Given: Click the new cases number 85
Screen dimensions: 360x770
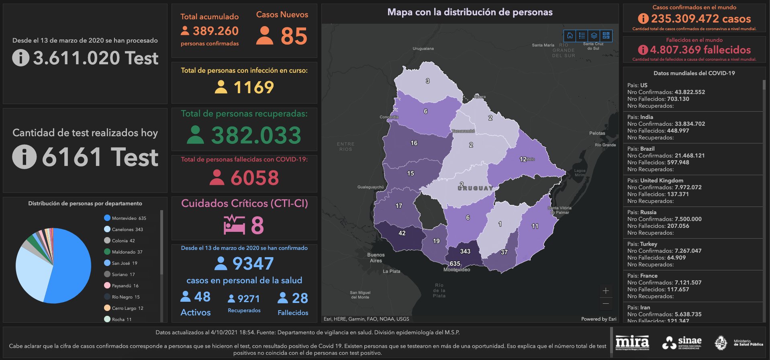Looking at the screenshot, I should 294,36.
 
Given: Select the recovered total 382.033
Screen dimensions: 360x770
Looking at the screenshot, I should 256,135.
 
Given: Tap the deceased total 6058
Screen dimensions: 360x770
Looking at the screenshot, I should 254,178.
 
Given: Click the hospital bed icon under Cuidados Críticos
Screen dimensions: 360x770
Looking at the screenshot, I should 234,225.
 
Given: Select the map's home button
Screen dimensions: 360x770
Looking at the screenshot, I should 570,36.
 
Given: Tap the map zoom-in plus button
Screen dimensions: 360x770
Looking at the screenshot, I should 606,290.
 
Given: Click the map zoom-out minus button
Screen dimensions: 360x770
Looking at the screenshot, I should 606,303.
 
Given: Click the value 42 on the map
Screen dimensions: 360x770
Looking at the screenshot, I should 402,233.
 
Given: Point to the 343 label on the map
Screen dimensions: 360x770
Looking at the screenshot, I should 465,252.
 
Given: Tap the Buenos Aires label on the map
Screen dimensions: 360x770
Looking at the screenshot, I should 376,258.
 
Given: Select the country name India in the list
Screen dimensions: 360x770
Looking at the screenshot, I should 646,117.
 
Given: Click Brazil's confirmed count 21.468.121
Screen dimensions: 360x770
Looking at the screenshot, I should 689,155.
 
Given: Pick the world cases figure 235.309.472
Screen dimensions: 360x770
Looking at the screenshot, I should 701,18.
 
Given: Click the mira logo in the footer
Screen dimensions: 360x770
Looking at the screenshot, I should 632,343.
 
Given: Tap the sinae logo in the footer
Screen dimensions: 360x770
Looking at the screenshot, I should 682,343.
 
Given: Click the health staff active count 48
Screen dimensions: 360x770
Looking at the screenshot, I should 202,297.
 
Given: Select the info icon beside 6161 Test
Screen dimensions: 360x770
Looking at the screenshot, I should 24,157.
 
